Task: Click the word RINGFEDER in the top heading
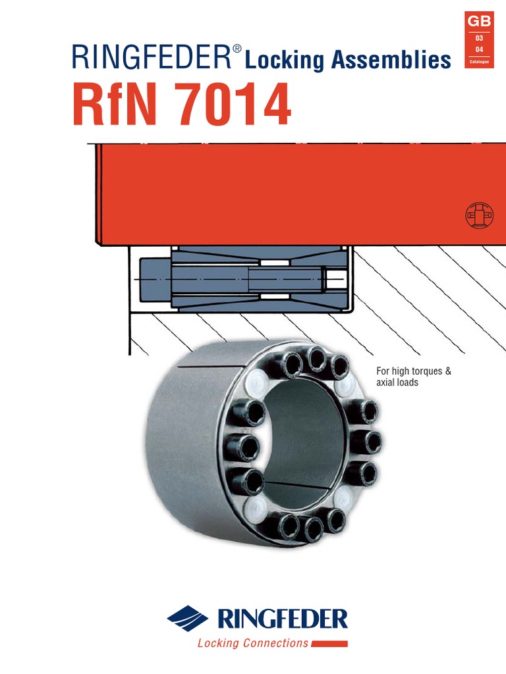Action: coord(152,57)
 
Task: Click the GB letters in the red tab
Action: coord(478,21)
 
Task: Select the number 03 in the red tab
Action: coord(479,38)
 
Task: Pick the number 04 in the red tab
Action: coord(479,49)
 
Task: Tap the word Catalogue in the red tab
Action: coord(479,61)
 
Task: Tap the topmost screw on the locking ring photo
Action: coord(317,359)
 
